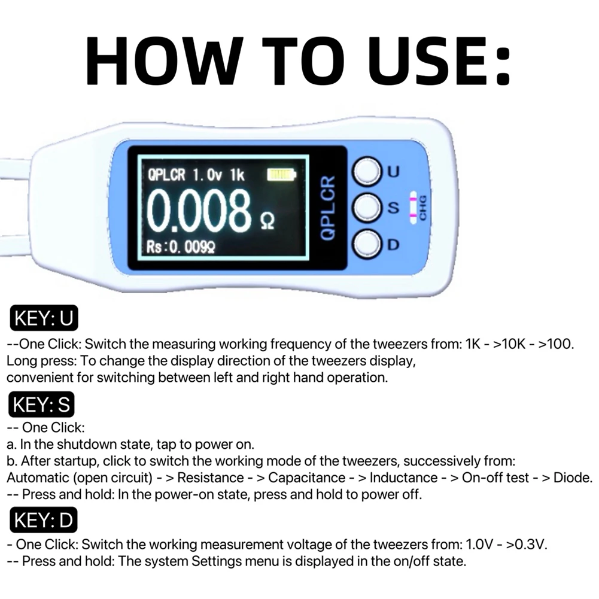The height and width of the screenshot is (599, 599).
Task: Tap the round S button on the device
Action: point(366,208)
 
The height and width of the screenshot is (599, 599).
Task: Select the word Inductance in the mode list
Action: point(403,478)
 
